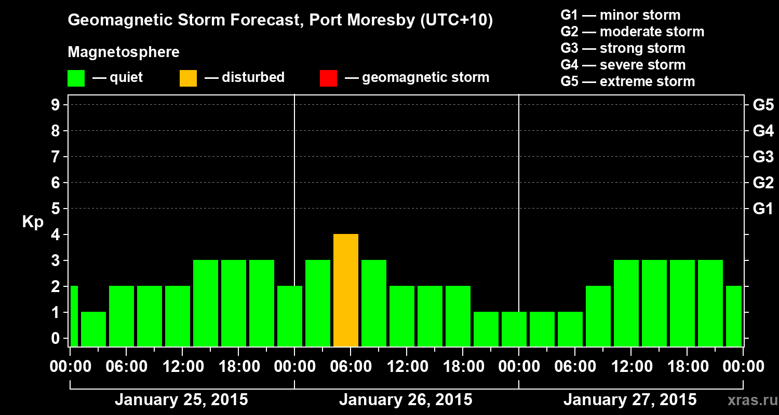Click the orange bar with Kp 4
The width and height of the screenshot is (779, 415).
(346, 290)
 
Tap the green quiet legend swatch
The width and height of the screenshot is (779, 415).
(76, 78)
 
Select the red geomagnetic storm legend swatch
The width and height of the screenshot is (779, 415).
(328, 78)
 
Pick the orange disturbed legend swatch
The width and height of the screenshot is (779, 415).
(188, 78)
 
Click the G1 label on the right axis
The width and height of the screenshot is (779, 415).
(763, 209)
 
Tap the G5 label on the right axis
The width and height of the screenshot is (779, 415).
(763, 105)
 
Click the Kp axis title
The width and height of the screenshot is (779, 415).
(32, 222)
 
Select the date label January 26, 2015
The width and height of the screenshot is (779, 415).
(406, 400)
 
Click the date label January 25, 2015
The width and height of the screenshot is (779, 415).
(181, 400)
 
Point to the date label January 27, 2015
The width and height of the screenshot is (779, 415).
(630, 400)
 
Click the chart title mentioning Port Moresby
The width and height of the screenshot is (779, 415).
(280, 21)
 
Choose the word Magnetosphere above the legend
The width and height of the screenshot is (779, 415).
(124, 52)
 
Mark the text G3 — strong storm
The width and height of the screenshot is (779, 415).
(623, 48)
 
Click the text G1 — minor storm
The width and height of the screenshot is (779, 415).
(620, 15)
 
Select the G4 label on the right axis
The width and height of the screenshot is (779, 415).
(763, 131)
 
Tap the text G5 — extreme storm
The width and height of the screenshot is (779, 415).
(627, 81)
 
